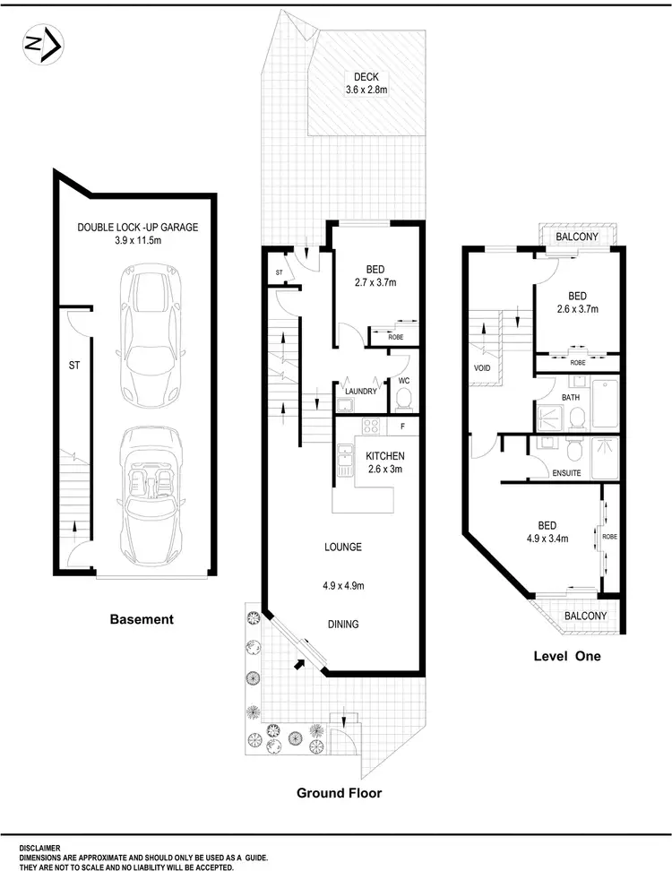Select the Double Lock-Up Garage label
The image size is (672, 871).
(137, 234)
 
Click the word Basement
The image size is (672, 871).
(141, 619)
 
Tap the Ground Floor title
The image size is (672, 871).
(340, 792)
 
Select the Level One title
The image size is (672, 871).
(566, 656)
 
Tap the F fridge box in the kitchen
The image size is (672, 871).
(403, 426)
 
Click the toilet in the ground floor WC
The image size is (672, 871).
(402, 396)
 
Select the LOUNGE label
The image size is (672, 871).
(342, 547)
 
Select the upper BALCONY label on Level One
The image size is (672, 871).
(577, 237)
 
